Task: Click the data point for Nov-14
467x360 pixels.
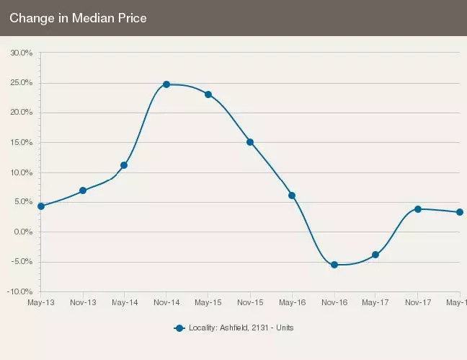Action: pyautogui.click(x=166, y=84)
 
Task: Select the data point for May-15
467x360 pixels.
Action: pyautogui.click(x=208, y=95)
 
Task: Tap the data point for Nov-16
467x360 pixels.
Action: pyautogui.click(x=334, y=265)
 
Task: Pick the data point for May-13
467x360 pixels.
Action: pyautogui.click(x=41, y=206)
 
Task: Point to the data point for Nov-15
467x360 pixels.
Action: pyautogui.click(x=250, y=142)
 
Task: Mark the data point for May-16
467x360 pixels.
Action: pyautogui.click(x=292, y=196)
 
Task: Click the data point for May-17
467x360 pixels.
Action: pyautogui.click(x=375, y=255)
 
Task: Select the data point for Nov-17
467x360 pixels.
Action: pyautogui.click(x=417, y=209)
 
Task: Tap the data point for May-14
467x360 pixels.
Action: pyautogui.click(x=124, y=165)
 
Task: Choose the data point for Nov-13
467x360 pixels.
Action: pyautogui.click(x=83, y=190)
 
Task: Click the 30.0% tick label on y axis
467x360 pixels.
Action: pyautogui.click(x=21, y=53)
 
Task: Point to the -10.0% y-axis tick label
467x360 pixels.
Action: pyautogui.click(x=19, y=291)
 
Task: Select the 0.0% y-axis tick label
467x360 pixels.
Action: pyautogui.click(x=22, y=232)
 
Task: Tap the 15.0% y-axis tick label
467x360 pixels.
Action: pyautogui.click(x=21, y=142)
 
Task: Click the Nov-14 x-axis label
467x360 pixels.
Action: pyautogui.click(x=166, y=302)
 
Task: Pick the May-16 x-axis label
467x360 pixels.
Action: pyautogui.click(x=292, y=302)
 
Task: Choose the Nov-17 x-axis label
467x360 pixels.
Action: pyautogui.click(x=417, y=302)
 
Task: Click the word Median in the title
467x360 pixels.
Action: pyautogui.click(x=84, y=18)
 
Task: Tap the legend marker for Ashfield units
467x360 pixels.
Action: pyautogui.click(x=179, y=328)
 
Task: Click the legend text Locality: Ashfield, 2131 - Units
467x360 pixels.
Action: pyautogui.click(x=241, y=328)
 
